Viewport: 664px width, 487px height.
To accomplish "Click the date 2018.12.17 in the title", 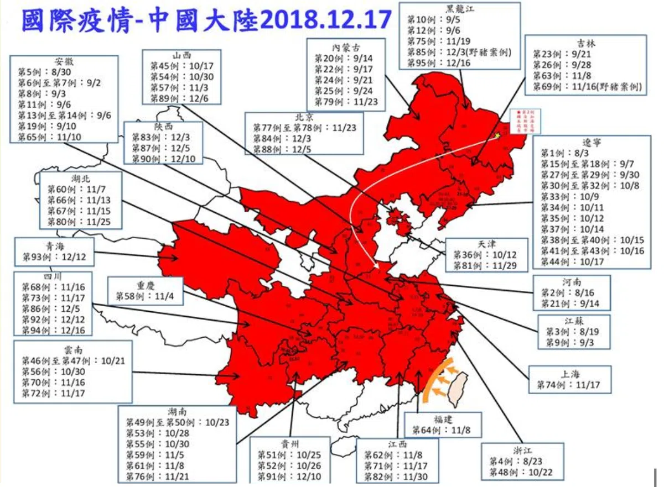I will click(325, 20).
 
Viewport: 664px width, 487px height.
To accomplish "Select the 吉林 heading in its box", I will click(587, 43).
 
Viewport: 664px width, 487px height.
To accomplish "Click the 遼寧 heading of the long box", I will click(591, 142).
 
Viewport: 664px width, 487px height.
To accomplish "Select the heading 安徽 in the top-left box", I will click(64, 61).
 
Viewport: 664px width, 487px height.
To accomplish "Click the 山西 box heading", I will click(181, 55).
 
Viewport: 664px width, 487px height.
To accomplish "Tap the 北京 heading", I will click(304, 117).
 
